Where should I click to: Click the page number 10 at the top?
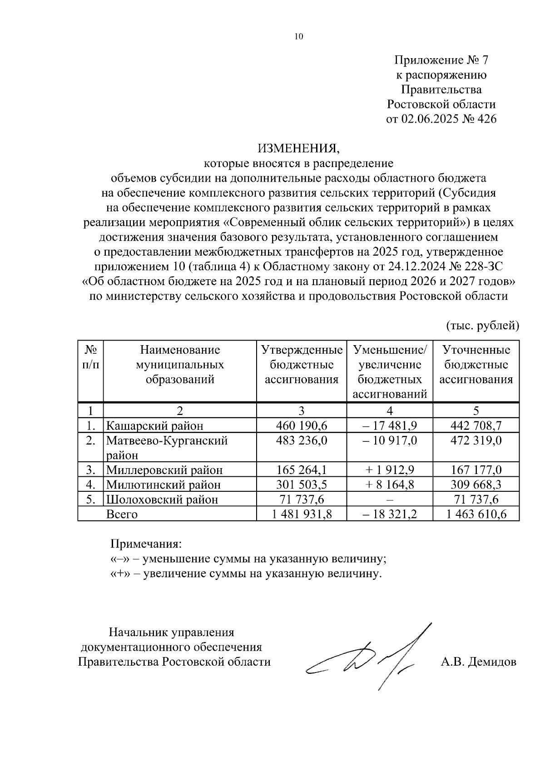pyautogui.click(x=298, y=37)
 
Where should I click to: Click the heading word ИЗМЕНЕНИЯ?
pyautogui.click(x=298, y=148)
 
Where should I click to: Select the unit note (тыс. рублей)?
pyautogui.click(x=482, y=325)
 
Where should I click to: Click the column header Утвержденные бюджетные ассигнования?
pyautogui.click(x=302, y=365)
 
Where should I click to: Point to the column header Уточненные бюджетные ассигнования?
pyautogui.click(x=476, y=365)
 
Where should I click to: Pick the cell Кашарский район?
pyautogui.click(x=154, y=425)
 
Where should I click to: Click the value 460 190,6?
pyautogui.click(x=302, y=425)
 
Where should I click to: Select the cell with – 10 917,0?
pyautogui.click(x=390, y=440)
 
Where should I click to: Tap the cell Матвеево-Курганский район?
pyautogui.click(x=167, y=447)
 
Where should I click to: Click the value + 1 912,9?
pyautogui.click(x=390, y=470)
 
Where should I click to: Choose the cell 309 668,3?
pyautogui.click(x=476, y=484)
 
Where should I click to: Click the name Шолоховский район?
pyautogui.click(x=162, y=499)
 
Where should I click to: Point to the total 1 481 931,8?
pyautogui.click(x=302, y=514)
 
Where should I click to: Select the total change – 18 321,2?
pyautogui.click(x=390, y=514)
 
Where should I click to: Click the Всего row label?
pyautogui.click(x=122, y=514)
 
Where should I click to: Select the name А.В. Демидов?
pyautogui.click(x=478, y=662)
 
